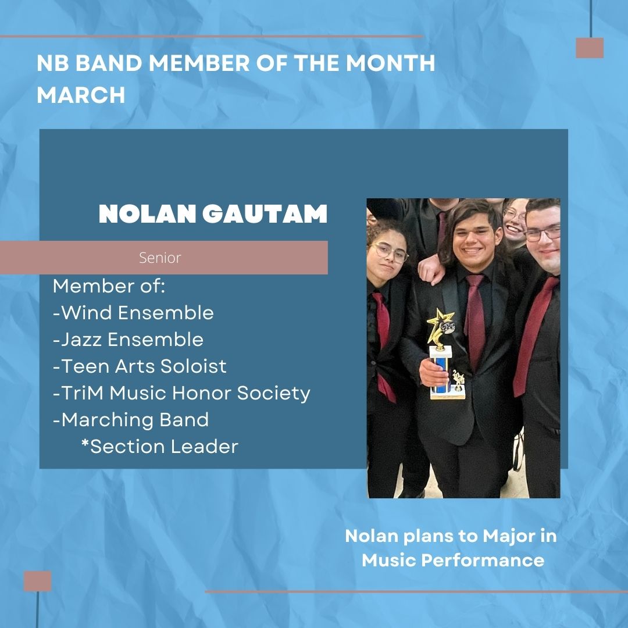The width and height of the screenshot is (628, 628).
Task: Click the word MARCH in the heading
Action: (81, 95)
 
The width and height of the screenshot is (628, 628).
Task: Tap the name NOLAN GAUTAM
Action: (213, 215)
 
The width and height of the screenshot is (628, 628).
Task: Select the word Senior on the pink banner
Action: (160, 258)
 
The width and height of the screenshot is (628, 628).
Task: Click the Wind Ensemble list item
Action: (134, 313)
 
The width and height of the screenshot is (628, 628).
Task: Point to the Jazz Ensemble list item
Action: (129, 340)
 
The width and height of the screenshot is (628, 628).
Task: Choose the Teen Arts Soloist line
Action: (140, 366)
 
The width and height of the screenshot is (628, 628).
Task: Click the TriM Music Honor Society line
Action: (182, 393)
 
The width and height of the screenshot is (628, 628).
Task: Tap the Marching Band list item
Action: (131, 419)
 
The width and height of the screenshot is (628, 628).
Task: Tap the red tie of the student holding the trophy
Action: (475, 320)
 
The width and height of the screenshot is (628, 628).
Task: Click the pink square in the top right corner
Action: (590, 48)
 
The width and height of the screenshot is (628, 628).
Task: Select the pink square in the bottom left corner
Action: (38, 581)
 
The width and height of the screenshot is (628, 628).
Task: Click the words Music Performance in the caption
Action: (453, 561)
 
